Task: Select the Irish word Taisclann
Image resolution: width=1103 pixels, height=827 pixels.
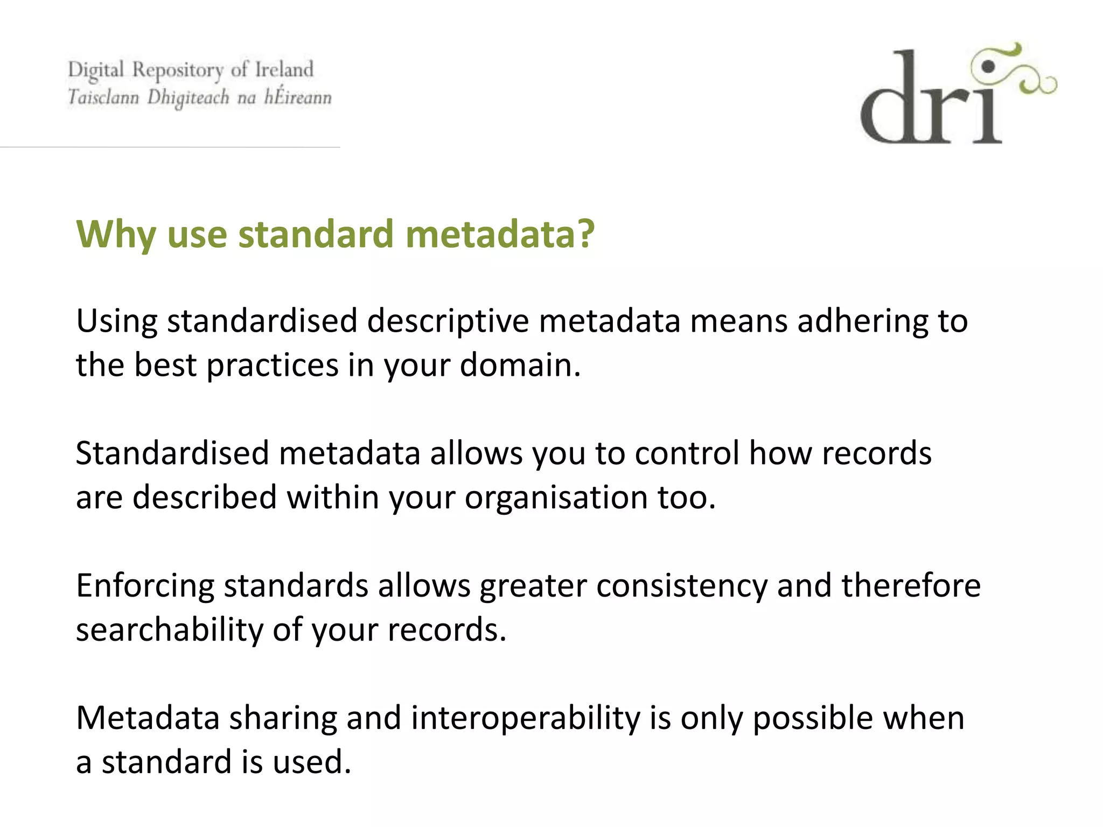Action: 103,97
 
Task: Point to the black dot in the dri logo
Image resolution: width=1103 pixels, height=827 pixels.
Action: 988,67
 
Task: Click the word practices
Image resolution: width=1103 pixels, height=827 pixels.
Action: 272,365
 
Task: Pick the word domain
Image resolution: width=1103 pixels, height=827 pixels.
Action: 520,365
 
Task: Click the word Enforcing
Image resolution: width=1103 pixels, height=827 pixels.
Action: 145,586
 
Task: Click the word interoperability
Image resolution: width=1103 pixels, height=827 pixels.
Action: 525,718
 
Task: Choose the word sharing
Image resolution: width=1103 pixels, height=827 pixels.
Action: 283,718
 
